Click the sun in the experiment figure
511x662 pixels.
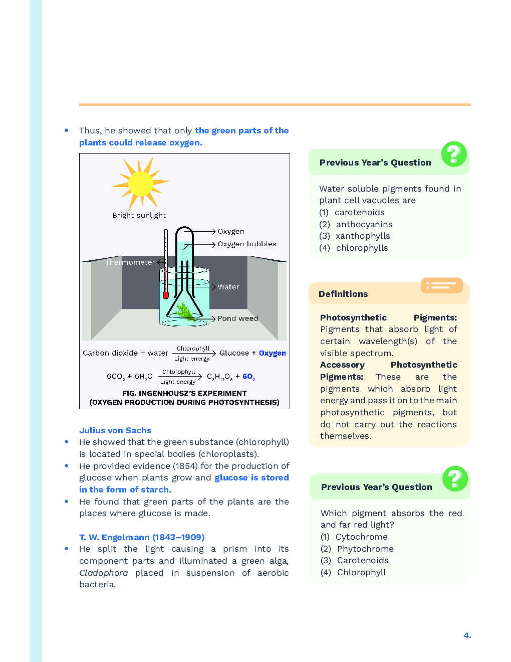140,184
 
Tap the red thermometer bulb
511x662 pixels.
166,295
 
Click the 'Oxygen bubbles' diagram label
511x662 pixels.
246,244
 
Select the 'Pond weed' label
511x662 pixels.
237,318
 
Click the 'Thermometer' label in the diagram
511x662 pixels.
130,262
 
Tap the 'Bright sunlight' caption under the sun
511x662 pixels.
139,215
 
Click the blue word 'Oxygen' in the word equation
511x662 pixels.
272,353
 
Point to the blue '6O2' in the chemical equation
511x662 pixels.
248,377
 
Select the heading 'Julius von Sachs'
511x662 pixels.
115,430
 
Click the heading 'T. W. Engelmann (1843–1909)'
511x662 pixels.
142,537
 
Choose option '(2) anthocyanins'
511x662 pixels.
356,224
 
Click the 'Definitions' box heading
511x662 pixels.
343,294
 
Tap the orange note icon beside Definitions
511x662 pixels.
441,285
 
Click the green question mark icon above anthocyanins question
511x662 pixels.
454,154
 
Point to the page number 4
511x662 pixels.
467,635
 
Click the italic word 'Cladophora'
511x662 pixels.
103,573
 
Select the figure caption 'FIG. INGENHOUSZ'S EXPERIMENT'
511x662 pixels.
184,393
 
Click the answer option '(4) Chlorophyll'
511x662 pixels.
353,572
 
